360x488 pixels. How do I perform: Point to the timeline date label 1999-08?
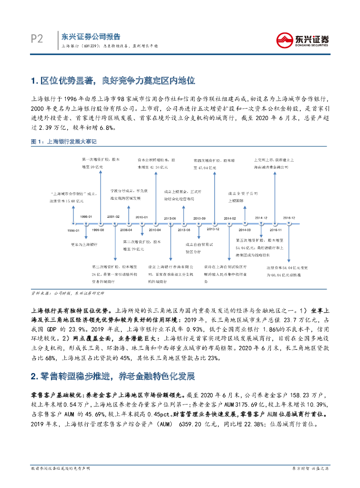point(98,230)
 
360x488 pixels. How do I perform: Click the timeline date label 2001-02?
point(113,217)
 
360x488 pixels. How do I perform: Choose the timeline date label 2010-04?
point(155,230)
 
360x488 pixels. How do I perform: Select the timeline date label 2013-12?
point(213,230)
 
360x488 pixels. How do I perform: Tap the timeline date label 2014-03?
point(244,230)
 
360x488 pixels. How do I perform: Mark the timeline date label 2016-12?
point(289,217)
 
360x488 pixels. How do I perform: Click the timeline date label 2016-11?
point(275,230)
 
